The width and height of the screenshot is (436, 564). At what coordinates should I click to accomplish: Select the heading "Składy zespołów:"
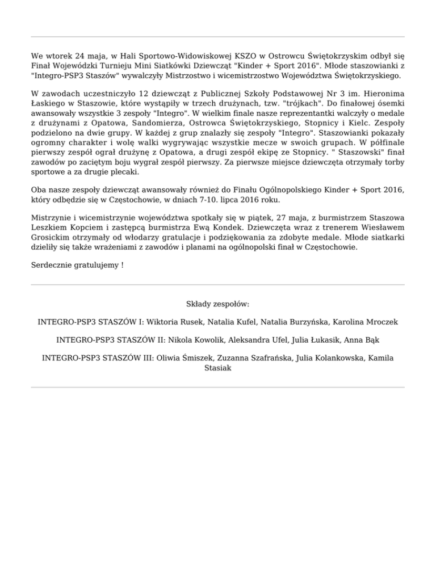tap(218, 304)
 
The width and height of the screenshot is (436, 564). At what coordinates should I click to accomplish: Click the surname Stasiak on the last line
tap(218, 367)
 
